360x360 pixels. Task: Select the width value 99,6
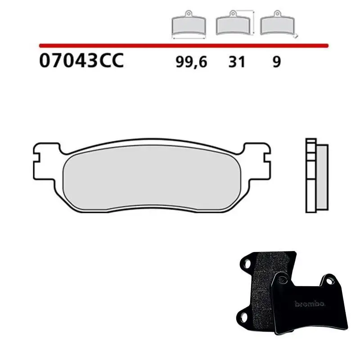[x=191, y=62]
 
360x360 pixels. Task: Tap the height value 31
[x=237, y=62]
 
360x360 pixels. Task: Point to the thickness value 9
[x=276, y=62]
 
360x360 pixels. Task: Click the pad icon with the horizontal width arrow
[x=189, y=26]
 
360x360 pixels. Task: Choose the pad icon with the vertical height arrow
[x=233, y=24]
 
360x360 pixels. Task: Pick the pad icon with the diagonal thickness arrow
[x=276, y=25]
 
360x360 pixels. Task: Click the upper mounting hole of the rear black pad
[x=247, y=261]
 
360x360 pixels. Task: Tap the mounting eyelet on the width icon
[x=189, y=13]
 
